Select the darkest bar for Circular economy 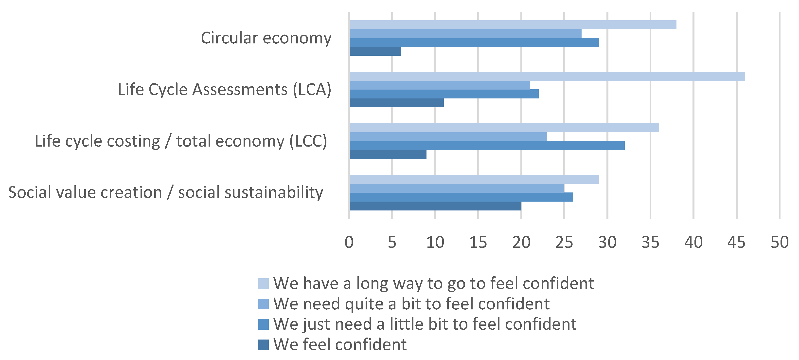click(x=375, y=52)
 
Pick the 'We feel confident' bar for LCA click(x=396, y=103)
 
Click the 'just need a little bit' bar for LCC click(x=487, y=146)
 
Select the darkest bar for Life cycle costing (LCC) click(x=388, y=154)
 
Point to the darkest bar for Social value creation click(x=435, y=206)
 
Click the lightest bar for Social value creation click(x=474, y=179)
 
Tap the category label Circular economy click(x=266, y=38)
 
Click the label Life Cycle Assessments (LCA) click(x=225, y=90)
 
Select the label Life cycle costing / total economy click(x=181, y=141)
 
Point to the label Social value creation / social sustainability click(x=166, y=192)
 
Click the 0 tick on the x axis click(x=349, y=242)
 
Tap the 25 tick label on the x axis click(x=564, y=242)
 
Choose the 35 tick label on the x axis click(x=650, y=242)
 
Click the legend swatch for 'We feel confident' click(x=263, y=345)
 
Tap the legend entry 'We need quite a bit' click(x=411, y=304)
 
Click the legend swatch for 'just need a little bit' click(x=263, y=324)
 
